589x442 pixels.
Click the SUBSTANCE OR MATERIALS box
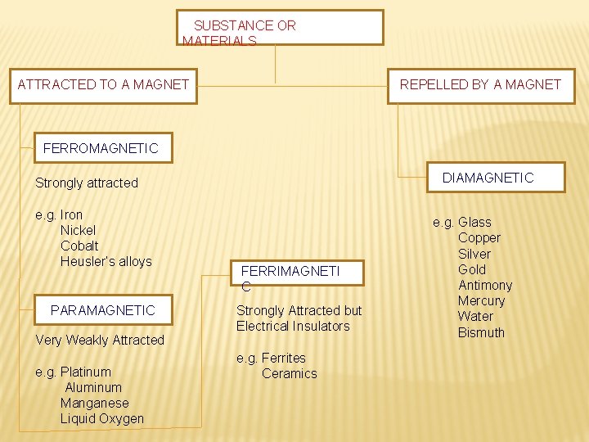point(281,27)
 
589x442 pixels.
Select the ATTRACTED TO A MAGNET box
point(103,85)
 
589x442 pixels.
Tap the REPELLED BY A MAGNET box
point(480,85)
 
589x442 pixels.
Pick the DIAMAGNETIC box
point(488,178)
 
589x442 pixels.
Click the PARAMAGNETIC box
point(102,310)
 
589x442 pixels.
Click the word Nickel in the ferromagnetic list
point(78,231)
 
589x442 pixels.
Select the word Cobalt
point(79,246)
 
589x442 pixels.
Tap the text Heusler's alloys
point(106,262)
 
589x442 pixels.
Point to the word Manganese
point(94,403)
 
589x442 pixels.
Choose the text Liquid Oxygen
point(101,418)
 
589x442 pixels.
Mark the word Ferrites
point(283,358)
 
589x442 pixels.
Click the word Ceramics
point(289,373)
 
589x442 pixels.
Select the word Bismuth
point(481,332)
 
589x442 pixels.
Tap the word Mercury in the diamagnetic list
point(481,300)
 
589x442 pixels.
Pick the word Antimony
point(485,285)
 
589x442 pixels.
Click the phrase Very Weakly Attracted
point(100,340)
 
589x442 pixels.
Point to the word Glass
point(474,222)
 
